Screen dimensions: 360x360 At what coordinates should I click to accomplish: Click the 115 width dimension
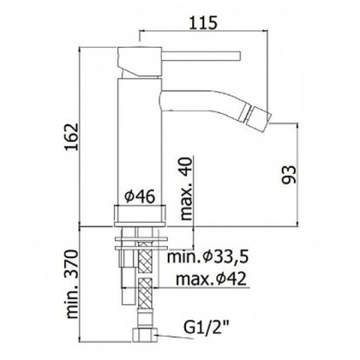point(204,22)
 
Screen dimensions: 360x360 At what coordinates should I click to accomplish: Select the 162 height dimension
point(70,137)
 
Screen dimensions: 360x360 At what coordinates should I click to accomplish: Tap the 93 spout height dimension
point(288,175)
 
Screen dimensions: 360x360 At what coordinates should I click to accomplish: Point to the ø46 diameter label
point(140,196)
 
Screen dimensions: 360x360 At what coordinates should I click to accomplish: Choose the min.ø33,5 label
point(208,257)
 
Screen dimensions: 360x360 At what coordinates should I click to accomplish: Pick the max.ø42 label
point(211,279)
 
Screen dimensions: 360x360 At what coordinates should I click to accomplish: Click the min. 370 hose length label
point(72,285)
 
